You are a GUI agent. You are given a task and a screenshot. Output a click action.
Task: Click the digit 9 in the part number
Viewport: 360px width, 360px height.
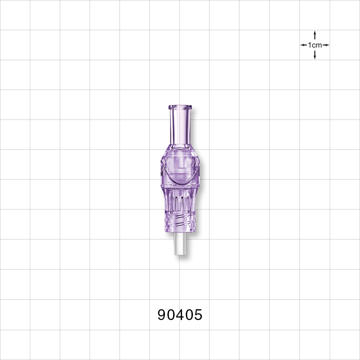(162, 315)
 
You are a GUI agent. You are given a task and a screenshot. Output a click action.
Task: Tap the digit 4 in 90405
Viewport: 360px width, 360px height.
(180, 315)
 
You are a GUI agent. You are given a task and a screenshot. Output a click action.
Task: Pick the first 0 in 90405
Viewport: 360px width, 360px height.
(171, 315)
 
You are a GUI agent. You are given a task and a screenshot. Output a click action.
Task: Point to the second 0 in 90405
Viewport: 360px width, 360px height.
(189, 315)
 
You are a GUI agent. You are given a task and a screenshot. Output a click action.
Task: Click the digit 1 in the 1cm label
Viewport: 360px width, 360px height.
(310, 45)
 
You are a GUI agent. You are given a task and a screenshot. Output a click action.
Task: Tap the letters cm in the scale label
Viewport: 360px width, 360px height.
(317, 45)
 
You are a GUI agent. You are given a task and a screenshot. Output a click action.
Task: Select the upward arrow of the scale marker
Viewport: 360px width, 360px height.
(315, 35)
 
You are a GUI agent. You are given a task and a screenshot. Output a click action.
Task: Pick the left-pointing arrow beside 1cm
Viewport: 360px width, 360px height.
(303, 45)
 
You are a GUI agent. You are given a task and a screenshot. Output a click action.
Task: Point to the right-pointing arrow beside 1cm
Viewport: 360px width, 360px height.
(326, 45)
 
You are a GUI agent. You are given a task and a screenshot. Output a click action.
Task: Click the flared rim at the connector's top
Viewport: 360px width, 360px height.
(180, 107)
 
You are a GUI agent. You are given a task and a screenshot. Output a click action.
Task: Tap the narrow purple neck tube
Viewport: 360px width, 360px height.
(180, 126)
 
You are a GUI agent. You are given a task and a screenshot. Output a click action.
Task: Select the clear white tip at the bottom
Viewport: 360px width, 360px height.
(180, 245)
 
